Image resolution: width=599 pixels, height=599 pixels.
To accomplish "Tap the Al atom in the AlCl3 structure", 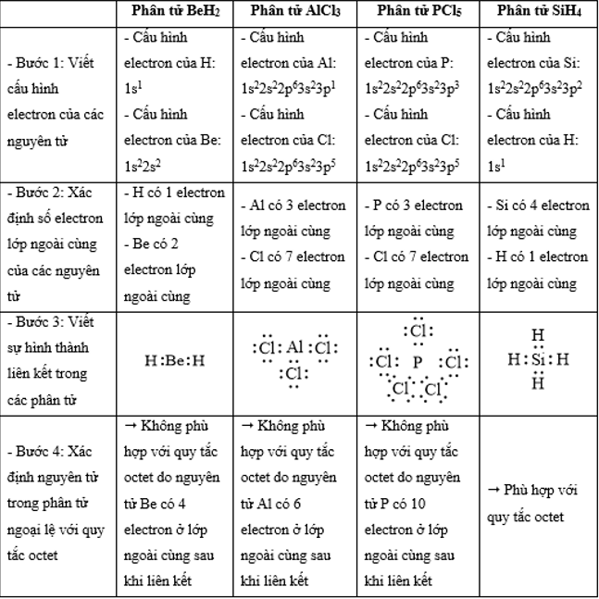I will point(294,348).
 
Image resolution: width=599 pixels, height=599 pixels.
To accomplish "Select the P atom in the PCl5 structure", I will point(418,362).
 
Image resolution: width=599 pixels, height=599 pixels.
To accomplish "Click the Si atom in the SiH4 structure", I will point(538,358).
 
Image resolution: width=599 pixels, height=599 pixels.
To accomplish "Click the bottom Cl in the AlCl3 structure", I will point(293,374).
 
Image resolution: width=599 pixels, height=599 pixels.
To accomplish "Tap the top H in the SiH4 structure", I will point(538,336).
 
